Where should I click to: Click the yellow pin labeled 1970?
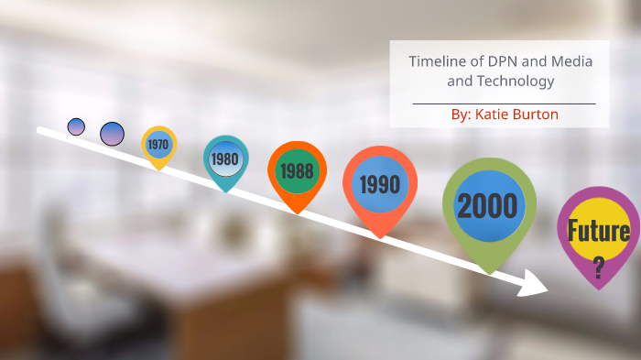point(158,145)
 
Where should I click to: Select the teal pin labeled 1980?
point(225,159)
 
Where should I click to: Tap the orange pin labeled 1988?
point(297,171)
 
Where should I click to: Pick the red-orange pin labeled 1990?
point(379,185)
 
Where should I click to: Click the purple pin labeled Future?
point(598,233)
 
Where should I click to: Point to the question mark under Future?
point(598,267)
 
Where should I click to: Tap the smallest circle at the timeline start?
point(76,126)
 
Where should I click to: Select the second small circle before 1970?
point(112,134)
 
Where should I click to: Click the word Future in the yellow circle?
point(598,230)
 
